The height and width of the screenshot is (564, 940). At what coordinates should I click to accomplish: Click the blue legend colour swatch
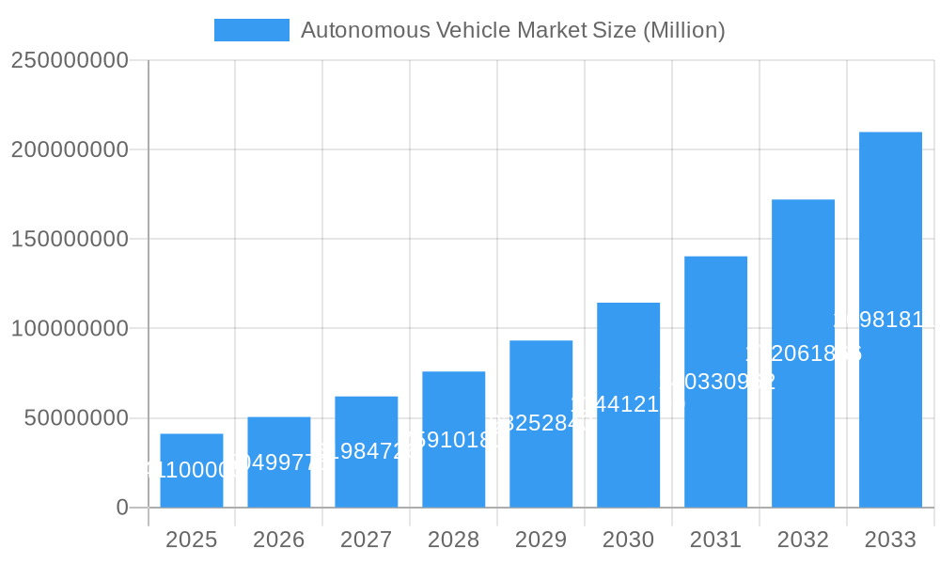(252, 30)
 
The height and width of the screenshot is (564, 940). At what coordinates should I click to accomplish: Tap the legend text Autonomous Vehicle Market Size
(512, 30)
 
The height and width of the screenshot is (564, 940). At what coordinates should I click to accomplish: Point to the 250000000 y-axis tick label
(70, 60)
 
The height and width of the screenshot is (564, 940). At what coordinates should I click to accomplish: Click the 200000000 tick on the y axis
(70, 149)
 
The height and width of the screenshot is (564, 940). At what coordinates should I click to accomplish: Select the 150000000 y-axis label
(70, 239)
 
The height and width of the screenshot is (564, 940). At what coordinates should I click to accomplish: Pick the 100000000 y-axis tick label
(70, 328)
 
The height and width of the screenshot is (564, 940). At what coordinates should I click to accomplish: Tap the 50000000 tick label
(76, 417)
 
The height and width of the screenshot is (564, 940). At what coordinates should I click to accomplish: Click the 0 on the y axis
(121, 508)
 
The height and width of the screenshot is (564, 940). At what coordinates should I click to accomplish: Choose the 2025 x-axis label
(192, 540)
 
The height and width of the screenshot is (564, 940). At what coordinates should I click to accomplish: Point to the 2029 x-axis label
(541, 540)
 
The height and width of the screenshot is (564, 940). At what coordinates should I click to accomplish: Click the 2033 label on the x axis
(890, 540)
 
